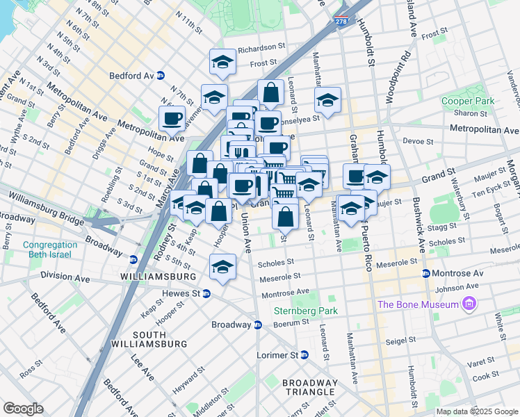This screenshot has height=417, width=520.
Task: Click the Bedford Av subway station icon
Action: click(x=161, y=76)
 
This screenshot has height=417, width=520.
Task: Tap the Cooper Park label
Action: click(x=467, y=101)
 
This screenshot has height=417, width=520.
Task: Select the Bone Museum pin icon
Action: click(x=469, y=304)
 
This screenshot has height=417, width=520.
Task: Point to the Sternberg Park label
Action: click(x=305, y=311)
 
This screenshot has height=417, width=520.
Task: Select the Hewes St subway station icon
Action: click(x=206, y=294)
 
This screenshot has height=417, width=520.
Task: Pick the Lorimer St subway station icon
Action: click(x=304, y=355)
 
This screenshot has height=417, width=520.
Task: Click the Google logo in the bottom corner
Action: click(x=23, y=409)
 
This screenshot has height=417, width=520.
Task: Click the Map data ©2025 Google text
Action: click(x=476, y=411)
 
